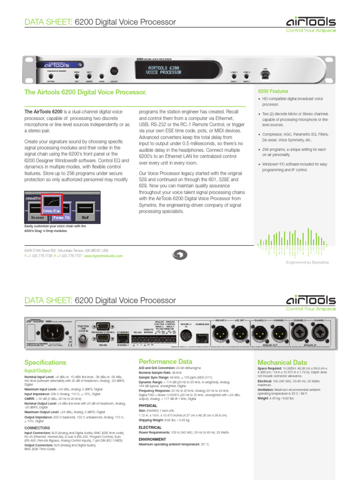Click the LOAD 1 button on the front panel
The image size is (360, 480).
pyautogui.click(x=234, y=76)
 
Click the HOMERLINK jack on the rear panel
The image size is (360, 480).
pyautogui.click(x=202, y=336)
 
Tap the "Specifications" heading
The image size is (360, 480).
pyautogui.click(x=45, y=362)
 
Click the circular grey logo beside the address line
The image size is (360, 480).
pyautogui.click(x=180, y=255)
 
